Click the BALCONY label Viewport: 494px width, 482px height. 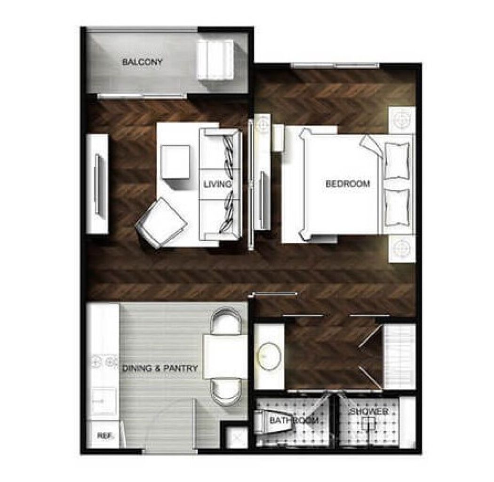click(142, 62)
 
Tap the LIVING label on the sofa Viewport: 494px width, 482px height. click(217, 184)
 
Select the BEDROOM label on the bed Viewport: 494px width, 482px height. click(348, 184)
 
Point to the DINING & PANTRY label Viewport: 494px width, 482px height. click(160, 368)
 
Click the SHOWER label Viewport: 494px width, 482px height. click(369, 411)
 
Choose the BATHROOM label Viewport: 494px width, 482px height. click(294, 420)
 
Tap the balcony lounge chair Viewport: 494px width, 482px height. click(215, 60)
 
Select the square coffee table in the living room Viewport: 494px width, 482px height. click(175, 162)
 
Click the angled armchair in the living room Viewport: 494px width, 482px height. click(161, 222)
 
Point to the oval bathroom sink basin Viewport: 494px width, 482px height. click(269, 356)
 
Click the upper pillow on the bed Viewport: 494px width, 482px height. click(397, 161)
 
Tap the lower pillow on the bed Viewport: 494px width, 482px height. click(397, 208)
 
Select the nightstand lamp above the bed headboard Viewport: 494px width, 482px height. click(401, 120)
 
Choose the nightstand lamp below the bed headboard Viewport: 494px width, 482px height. click(401, 249)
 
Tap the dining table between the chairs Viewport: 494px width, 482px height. click(225, 357)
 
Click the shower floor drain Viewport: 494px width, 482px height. click(368, 423)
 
